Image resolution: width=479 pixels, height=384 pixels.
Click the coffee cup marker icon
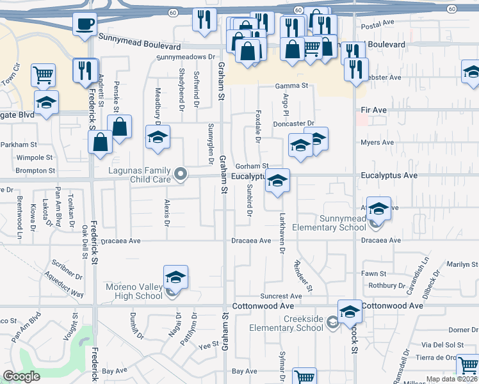(x=85, y=25)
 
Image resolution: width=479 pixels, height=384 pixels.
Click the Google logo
(x=22, y=376)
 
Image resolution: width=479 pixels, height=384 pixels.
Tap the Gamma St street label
(x=292, y=86)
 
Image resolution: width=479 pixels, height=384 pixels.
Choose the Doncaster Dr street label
(x=295, y=124)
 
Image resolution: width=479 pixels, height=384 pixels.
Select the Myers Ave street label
(x=377, y=143)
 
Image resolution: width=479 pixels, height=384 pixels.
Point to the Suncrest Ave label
(x=281, y=296)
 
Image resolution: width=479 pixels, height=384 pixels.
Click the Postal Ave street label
(x=377, y=24)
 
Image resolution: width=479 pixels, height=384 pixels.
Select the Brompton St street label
(x=35, y=171)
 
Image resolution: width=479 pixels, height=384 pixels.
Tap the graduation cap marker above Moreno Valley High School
(x=175, y=277)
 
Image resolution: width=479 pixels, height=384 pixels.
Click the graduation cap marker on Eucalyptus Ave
(x=278, y=181)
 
